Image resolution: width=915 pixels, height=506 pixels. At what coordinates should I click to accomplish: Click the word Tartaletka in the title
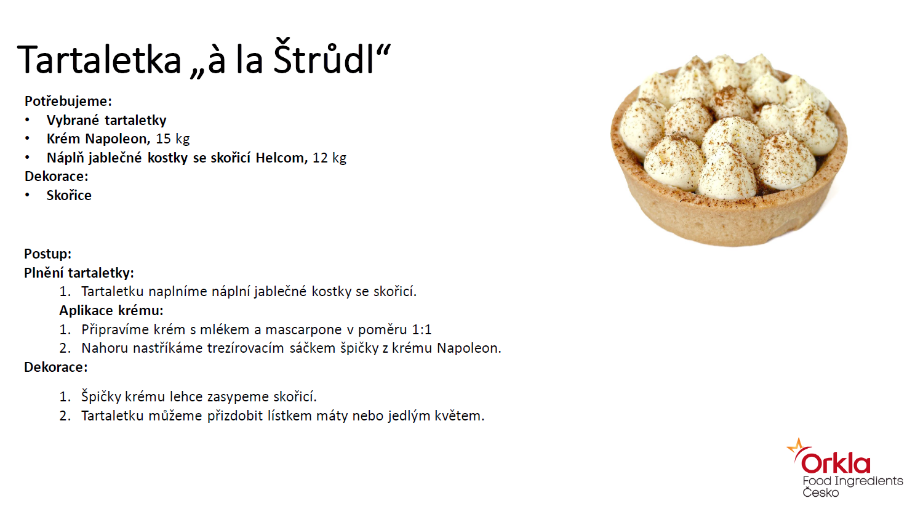(99, 60)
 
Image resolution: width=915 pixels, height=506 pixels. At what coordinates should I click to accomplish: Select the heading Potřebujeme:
(68, 101)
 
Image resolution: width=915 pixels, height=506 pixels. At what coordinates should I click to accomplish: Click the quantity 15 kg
(173, 139)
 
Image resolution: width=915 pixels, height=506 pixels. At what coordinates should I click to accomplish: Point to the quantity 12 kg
(329, 158)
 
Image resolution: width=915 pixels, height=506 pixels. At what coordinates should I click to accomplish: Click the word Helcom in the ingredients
(282, 158)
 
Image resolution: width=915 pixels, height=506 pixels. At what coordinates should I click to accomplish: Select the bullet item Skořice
(69, 195)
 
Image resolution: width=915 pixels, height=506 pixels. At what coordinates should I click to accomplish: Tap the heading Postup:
(48, 254)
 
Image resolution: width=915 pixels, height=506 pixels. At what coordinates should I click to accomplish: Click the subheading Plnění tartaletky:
(79, 273)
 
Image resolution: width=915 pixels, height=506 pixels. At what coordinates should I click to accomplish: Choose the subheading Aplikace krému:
(111, 310)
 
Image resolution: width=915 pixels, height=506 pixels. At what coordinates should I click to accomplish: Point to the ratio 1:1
(422, 329)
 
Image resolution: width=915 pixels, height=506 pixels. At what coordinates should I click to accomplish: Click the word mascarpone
(303, 330)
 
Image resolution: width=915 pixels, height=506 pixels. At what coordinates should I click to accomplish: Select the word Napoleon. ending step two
(469, 348)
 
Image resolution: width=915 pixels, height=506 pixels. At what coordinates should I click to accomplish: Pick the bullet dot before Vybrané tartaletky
(27, 120)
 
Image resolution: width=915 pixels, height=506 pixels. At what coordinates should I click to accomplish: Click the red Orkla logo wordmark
(836, 462)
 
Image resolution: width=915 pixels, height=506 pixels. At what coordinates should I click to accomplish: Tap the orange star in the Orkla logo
(797, 446)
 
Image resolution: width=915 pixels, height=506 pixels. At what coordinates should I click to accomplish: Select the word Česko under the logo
(821, 492)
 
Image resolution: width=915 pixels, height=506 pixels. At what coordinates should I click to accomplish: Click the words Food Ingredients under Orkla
(853, 481)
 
